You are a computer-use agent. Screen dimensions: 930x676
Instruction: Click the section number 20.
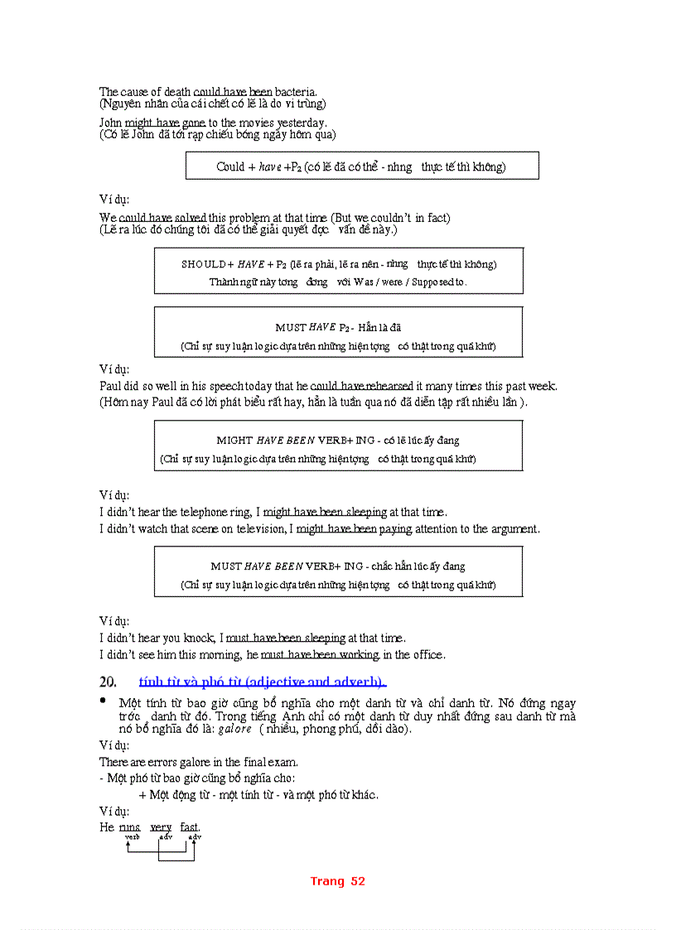point(107,682)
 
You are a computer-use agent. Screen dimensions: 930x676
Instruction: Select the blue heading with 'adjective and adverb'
point(263,682)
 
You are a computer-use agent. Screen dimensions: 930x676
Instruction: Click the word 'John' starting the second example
point(111,123)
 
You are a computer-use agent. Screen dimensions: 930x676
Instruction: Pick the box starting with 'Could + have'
point(361,166)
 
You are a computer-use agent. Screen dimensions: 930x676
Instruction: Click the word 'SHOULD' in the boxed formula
point(202,264)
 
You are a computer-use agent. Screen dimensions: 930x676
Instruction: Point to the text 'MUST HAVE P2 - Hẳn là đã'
point(338,327)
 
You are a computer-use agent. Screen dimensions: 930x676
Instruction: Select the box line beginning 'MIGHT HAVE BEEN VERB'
point(338,441)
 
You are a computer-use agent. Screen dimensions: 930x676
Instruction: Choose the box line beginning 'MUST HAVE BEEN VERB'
point(338,566)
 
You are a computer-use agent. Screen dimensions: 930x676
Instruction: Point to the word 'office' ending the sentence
point(429,654)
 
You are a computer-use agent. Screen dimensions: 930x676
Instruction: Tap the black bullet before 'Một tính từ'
point(104,701)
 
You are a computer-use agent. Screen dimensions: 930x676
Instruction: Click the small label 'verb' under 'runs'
point(132,837)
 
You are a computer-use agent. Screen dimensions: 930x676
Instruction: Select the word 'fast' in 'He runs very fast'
point(189,826)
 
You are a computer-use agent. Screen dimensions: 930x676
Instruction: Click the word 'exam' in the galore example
point(283,762)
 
